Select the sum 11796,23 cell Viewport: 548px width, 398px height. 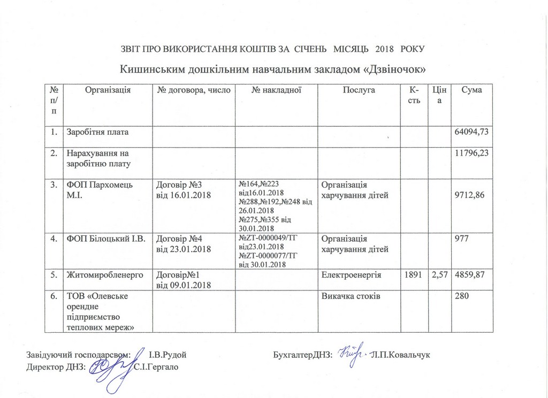point(472,154)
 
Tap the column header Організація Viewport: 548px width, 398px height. point(108,90)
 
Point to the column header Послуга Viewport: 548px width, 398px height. point(359,90)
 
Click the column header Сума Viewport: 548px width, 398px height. point(472,90)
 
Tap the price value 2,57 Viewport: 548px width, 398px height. point(439,275)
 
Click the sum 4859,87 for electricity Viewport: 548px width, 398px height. point(472,275)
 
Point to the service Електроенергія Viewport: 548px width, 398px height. point(351,275)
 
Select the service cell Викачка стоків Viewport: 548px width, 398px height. point(351,296)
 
